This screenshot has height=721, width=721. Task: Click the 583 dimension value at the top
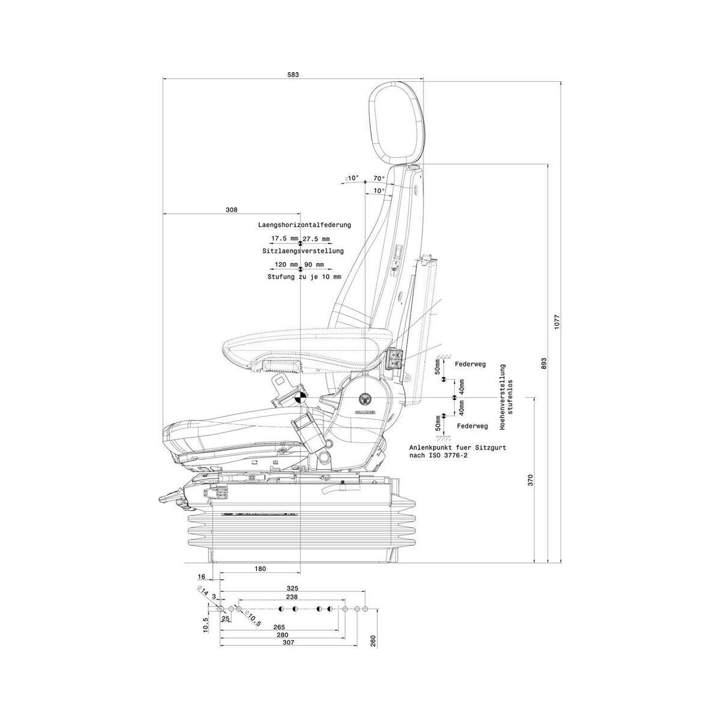point(293,75)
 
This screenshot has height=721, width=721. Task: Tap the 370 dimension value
point(530,480)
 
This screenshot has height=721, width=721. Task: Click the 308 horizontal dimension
point(231,210)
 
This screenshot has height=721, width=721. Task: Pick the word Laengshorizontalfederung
point(304,225)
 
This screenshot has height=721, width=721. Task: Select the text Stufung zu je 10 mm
point(304,277)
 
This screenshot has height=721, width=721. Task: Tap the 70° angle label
point(379,178)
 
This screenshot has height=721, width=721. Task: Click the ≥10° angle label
point(352,178)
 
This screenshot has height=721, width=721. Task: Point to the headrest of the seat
point(397,123)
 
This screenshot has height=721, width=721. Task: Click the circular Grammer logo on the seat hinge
point(365,398)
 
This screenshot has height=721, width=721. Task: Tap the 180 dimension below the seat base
point(260,568)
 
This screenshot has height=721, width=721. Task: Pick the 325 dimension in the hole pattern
point(293,588)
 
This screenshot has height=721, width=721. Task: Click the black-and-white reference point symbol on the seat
point(299,397)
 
